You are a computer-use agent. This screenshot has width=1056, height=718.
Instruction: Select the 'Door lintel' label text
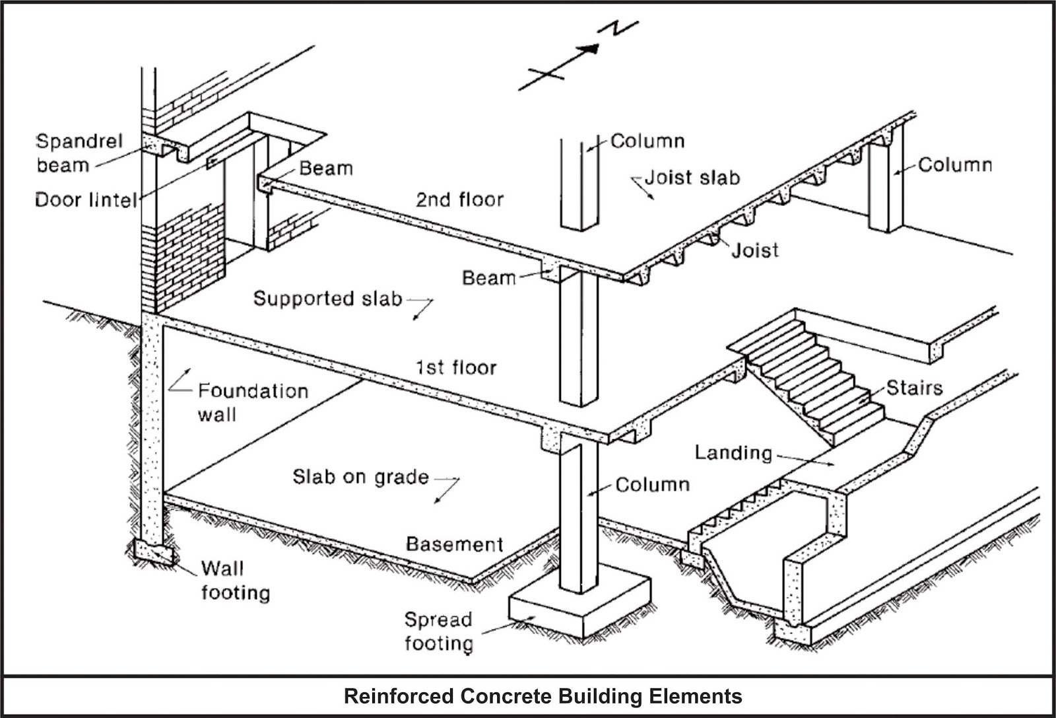(85, 199)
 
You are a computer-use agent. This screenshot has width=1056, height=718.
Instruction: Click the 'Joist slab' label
(692, 177)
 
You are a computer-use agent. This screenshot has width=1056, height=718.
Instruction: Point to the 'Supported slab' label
(327, 299)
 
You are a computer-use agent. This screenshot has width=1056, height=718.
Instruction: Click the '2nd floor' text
(459, 199)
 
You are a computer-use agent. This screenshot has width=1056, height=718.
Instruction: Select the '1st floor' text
(456, 367)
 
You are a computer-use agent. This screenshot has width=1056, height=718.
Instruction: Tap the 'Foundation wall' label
(252, 402)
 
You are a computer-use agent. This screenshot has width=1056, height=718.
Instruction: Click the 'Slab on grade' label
(360, 477)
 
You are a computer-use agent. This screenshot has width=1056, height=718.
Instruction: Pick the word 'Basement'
(454, 544)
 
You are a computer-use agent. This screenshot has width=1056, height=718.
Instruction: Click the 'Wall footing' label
(235, 580)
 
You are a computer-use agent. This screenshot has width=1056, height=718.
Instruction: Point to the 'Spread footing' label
(438, 631)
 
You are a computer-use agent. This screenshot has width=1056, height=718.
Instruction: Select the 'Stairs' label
(913, 388)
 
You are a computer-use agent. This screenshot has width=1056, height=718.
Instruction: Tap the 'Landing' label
(733, 452)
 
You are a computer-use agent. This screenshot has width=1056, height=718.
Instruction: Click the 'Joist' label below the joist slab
(754, 250)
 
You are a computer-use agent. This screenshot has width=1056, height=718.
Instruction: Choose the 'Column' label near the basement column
(652, 485)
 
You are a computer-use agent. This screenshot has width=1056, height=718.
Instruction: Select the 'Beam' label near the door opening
(326, 168)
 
